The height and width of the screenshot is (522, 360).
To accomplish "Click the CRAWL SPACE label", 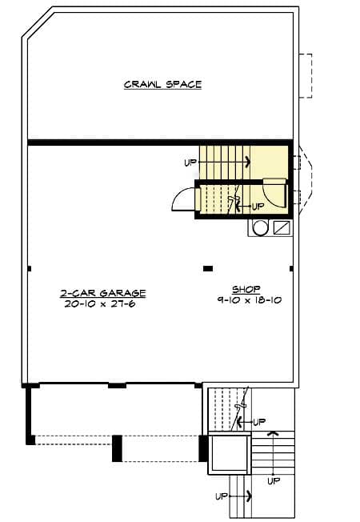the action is [162, 85].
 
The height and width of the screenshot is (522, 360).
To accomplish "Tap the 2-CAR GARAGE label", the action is [103, 293].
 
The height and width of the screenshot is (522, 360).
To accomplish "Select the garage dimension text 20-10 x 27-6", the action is [100, 303].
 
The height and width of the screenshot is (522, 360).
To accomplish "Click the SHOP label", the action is [246, 289].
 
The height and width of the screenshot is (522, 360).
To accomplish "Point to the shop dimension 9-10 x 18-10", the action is [250, 300].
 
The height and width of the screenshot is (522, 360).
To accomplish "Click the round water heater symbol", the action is [260, 227].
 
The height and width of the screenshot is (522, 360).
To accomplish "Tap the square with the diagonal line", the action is [282, 227].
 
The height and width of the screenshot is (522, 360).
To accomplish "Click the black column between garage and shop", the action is [208, 268].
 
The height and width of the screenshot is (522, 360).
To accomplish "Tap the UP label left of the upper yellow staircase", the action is [190, 163].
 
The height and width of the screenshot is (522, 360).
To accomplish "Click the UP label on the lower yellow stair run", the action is [258, 207].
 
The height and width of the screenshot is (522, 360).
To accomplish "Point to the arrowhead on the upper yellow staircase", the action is [248, 163].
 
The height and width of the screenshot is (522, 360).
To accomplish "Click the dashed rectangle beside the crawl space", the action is [306, 76].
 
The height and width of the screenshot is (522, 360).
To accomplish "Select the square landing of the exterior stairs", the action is [230, 453].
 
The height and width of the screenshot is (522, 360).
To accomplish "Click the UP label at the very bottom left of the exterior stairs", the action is [222, 496].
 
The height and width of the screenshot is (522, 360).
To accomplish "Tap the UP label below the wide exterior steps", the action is [274, 480].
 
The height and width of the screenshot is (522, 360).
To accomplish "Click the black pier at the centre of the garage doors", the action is [117, 448].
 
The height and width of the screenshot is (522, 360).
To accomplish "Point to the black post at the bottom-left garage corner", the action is [30, 440].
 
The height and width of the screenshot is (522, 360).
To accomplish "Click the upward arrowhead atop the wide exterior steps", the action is [273, 433].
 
